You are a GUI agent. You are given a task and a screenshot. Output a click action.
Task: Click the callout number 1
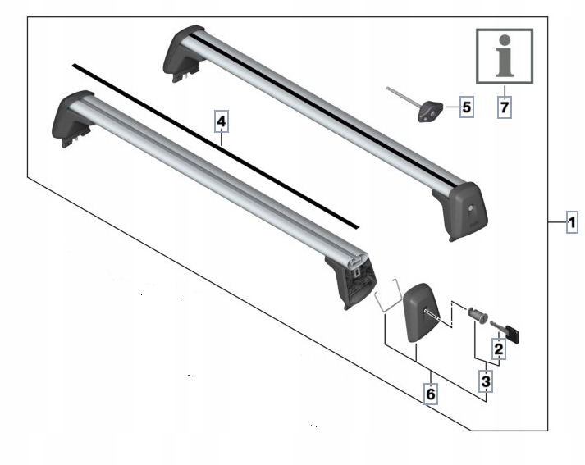pyautogui.click(x=572, y=222)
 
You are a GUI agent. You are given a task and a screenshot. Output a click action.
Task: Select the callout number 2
pyautogui.click(x=499, y=349)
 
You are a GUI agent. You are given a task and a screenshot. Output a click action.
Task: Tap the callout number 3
pyautogui.click(x=486, y=381)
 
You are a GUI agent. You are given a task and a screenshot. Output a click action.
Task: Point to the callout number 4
pyautogui.click(x=222, y=121)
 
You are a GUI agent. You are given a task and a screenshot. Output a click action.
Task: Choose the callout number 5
pyautogui.click(x=467, y=107)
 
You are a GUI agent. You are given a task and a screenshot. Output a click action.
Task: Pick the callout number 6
pyautogui.click(x=431, y=394)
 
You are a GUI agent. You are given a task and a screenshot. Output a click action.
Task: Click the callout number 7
pyautogui.click(x=505, y=107)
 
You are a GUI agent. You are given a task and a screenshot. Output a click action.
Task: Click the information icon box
pyautogui.click(x=505, y=56)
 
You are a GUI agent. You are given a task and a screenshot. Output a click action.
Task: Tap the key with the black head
pyautogui.click(x=505, y=331)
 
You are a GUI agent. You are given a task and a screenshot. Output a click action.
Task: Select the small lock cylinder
pyautogui.click(x=478, y=316)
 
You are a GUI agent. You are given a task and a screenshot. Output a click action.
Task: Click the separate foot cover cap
pyautogui.click(x=420, y=312)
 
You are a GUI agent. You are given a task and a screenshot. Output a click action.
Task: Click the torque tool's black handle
pyautogui.click(x=430, y=112)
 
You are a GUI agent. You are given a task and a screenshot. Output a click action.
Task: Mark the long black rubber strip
pyautogui.click(x=215, y=146)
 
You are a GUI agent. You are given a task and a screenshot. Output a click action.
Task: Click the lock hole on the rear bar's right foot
pyautogui.click(x=471, y=208)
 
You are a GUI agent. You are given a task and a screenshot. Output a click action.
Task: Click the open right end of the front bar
pyautogui.click(x=358, y=260)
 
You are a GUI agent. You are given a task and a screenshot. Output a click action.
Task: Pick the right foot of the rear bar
pyautogui.click(x=461, y=211)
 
